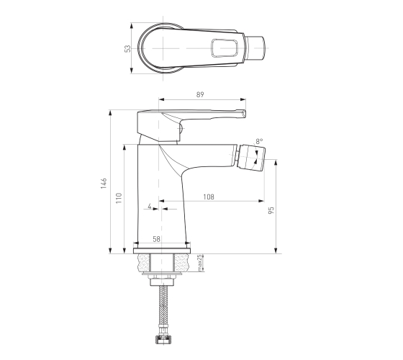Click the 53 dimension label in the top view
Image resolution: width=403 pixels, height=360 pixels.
127,48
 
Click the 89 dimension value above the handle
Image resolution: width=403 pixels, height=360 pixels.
200,94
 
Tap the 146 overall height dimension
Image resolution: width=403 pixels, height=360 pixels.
104,183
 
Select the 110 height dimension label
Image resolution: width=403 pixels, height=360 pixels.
119,198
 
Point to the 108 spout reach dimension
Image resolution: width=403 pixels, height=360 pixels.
209,197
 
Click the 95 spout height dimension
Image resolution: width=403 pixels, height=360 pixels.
271,210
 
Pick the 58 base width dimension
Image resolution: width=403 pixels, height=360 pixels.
156,239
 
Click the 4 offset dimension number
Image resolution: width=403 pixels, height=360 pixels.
150,206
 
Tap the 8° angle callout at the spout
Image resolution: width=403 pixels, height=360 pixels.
259,141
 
